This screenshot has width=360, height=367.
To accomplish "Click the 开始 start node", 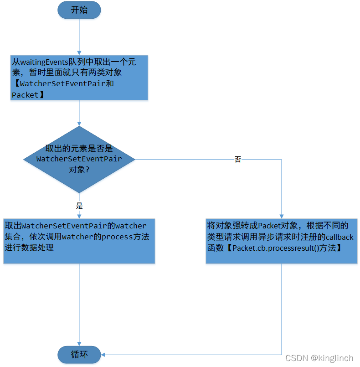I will coord(79,10).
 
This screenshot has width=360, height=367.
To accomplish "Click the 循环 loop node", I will coord(79,354).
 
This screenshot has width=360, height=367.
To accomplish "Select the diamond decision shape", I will coord(79,159).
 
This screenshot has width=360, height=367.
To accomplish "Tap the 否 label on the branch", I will coord(238,160).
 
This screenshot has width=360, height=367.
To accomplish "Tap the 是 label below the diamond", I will coord(79,206).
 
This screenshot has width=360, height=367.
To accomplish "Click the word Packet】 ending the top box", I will coord(28,94).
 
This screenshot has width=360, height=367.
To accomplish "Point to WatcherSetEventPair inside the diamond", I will coord(79,159).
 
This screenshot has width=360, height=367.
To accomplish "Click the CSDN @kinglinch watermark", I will coord(319,358).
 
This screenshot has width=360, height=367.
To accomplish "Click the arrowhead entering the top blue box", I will coord(79,52).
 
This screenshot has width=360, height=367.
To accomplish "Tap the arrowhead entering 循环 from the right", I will coord(104,354).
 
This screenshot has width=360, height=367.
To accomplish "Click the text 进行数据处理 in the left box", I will coord(29,248).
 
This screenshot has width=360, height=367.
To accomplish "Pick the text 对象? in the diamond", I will coord(78,170).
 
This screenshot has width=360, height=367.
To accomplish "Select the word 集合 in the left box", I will coord(13,237).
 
